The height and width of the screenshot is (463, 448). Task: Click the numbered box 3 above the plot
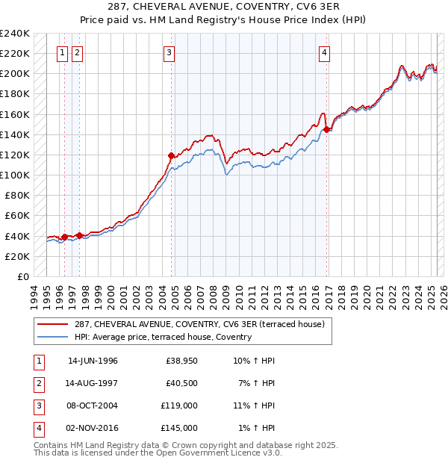[170, 52]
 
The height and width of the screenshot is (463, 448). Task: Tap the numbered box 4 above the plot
[325, 52]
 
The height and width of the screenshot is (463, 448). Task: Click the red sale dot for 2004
[171, 156]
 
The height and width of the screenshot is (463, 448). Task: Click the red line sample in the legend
[52, 325]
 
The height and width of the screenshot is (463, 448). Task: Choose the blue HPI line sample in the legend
[52, 338]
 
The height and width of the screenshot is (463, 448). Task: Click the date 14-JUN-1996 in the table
[93, 361]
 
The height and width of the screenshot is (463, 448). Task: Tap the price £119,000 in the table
[178, 405]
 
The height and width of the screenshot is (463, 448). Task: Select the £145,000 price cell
[178, 428]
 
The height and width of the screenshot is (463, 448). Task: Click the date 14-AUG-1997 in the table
[93, 383]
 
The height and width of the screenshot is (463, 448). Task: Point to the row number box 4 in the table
[37, 428]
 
